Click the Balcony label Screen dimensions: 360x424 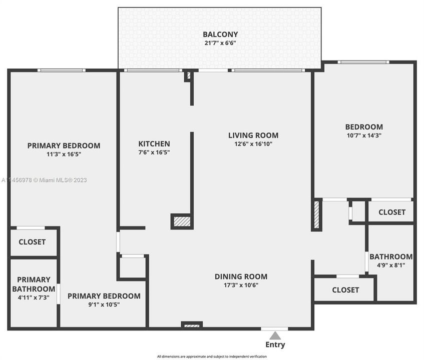point(220,34)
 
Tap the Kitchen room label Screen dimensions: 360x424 point(154,144)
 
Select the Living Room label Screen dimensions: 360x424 point(253,135)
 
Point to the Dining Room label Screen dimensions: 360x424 point(241,276)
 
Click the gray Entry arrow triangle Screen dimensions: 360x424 point(275,335)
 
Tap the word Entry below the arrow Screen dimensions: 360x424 point(275,344)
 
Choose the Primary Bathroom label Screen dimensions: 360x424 point(34,284)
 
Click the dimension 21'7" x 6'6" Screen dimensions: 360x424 point(220,43)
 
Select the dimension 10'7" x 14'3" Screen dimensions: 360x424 point(364,135)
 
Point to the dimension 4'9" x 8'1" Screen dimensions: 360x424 point(390,265)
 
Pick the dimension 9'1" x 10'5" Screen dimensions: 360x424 point(104,304)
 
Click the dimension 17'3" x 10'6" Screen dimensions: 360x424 point(241,285)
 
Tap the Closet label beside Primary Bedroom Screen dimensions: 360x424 point(32,242)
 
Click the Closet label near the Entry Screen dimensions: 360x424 point(345,290)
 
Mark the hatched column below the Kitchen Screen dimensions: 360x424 point(182,221)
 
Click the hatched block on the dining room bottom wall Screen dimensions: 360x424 point(192,325)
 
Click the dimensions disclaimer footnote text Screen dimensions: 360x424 point(212,356)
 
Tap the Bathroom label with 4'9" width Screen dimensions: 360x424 point(390,257)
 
